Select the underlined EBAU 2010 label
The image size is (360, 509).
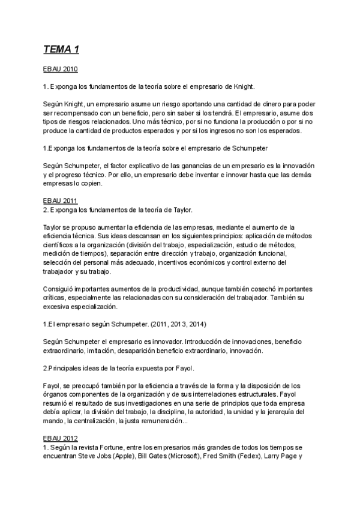(61, 70)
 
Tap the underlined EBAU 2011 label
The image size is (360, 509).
(61, 201)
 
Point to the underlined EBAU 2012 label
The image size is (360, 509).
(61, 438)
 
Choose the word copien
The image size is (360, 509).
(91, 184)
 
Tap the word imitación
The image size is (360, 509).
(103, 351)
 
